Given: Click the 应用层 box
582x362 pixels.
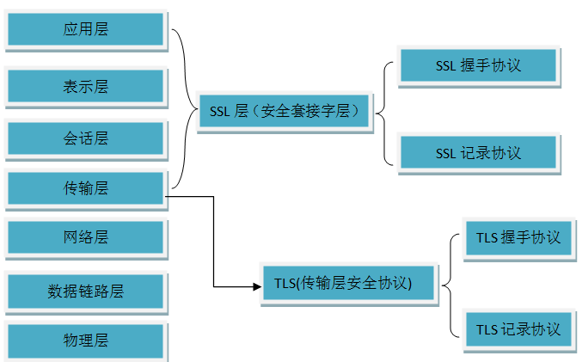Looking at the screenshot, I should (x=85, y=30).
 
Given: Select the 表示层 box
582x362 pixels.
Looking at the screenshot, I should (x=85, y=86).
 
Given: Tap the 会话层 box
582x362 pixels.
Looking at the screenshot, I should (x=85, y=138).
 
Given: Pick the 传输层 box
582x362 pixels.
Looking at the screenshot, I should (x=85, y=187).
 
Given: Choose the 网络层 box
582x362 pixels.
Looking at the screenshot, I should (x=85, y=237).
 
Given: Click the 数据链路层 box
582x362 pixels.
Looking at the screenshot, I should (x=85, y=290).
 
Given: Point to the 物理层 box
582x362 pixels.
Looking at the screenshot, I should (x=85, y=340).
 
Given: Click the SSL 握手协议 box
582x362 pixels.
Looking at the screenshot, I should (x=478, y=65).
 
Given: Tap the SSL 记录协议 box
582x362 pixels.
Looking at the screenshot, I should (x=478, y=153).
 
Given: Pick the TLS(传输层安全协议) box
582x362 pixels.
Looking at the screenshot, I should (x=349, y=283).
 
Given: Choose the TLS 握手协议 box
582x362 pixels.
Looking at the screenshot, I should (x=518, y=237).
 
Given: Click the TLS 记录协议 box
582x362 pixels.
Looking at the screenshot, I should (x=518, y=328).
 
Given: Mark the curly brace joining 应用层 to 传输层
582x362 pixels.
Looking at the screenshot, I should (x=187, y=107).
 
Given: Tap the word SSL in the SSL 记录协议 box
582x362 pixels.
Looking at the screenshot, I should (x=445, y=153).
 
